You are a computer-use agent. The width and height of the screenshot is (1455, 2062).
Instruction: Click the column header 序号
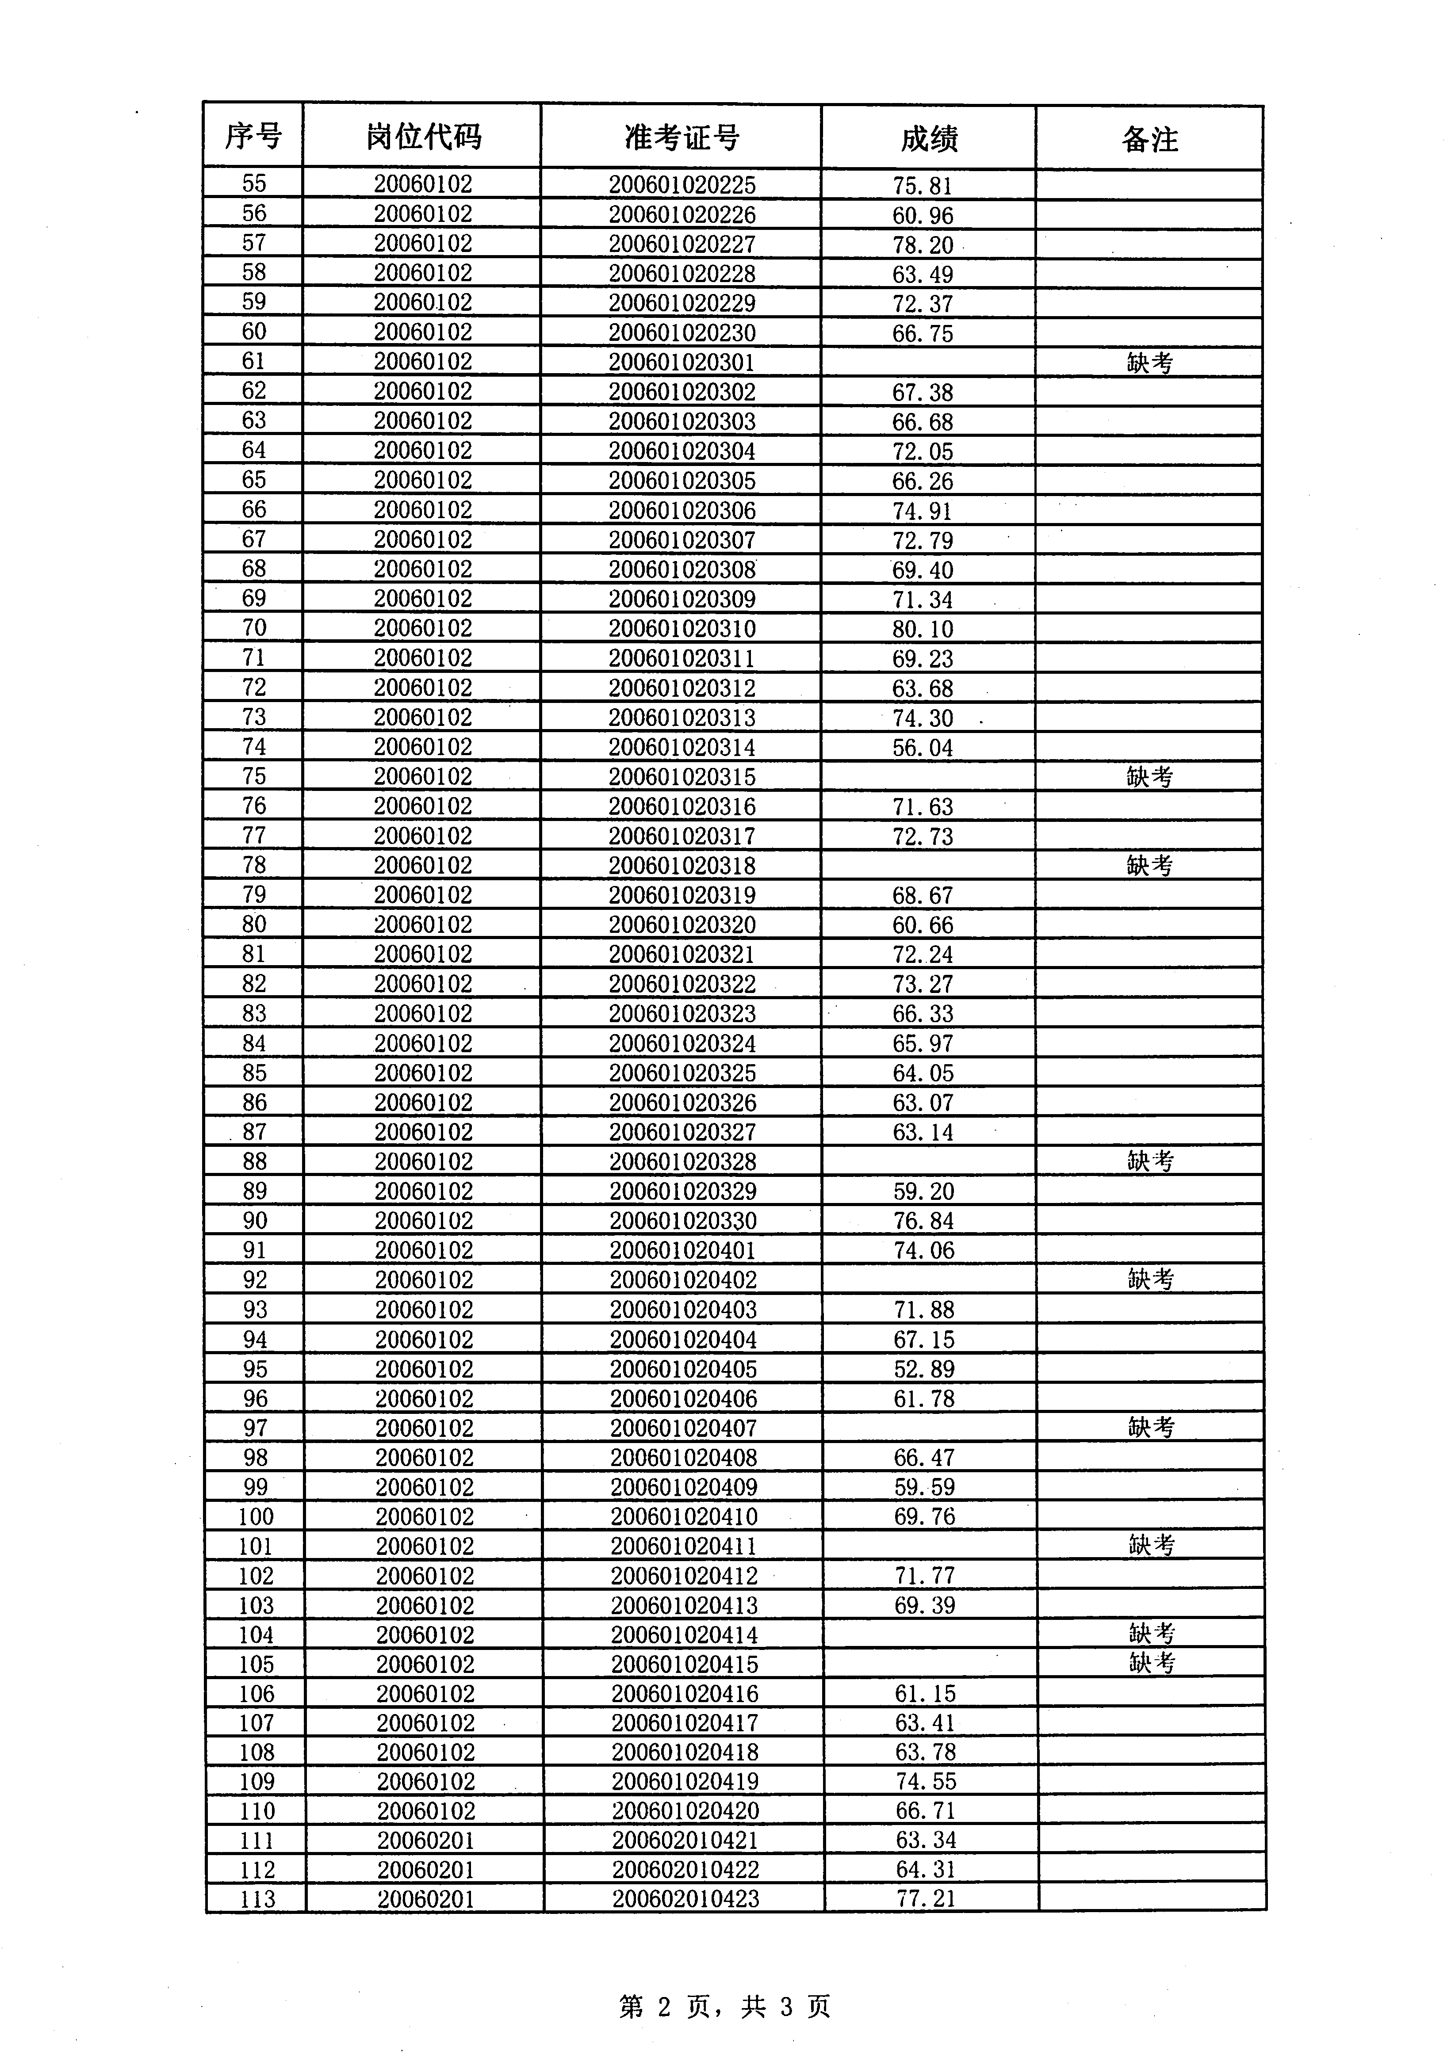click(x=253, y=137)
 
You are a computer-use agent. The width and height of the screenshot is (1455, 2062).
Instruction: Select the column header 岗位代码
click(x=423, y=137)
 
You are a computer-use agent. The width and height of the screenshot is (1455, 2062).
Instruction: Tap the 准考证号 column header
click(x=682, y=137)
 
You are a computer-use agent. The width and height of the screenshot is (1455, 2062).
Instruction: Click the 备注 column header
click(x=1150, y=139)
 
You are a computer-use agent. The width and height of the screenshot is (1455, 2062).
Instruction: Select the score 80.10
click(x=923, y=629)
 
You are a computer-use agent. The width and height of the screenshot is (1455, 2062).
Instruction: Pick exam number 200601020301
click(x=682, y=362)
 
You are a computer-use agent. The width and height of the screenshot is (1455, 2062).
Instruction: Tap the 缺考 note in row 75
click(x=1150, y=776)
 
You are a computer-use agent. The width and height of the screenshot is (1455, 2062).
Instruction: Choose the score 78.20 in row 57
click(x=923, y=244)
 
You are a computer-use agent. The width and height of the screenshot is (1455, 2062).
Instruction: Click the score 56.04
click(x=923, y=747)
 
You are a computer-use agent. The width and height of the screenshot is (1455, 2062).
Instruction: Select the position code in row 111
click(x=425, y=1840)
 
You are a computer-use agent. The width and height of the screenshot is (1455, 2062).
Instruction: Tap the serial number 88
click(x=255, y=1161)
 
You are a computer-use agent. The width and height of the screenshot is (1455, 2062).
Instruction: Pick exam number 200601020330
click(x=683, y=1221)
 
